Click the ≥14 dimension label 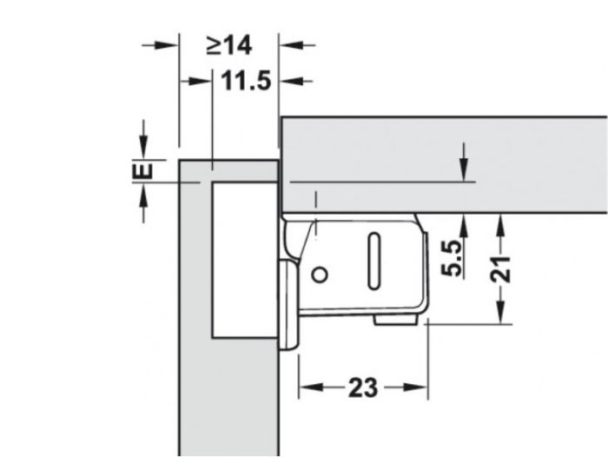click(x=229, y=45)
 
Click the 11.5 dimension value click(x=246, y=82)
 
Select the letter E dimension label click(x=142, y=170)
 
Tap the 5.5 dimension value click(x=453, y=258)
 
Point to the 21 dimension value click(x=500, y=268)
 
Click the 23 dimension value click(x=363, y=387)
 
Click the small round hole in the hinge click(x=320, y=275)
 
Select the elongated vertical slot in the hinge click(x=374, y=261)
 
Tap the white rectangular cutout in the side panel click(x=245, y=260)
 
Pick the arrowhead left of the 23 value click(x=311, y=387)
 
